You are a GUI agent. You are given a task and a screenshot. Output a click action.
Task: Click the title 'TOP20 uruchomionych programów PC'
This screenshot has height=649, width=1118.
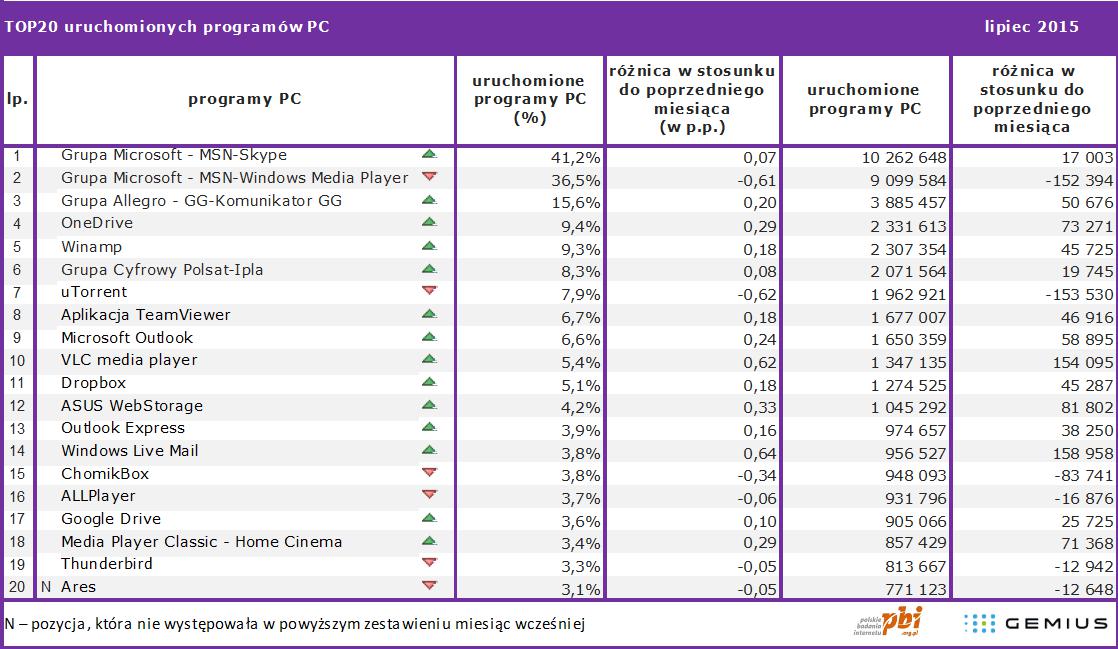[167, 27]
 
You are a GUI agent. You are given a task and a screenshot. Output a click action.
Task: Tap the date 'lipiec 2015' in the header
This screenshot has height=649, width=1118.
[1031, 27]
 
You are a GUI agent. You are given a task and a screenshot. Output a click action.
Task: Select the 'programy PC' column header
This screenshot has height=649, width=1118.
[244, 99]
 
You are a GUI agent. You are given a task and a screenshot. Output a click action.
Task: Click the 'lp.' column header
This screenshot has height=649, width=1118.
[17, 99]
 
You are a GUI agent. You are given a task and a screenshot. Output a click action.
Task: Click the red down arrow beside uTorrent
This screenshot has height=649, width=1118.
[429, 291]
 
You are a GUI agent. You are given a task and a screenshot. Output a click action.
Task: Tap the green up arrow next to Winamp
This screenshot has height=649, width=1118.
[429, 246]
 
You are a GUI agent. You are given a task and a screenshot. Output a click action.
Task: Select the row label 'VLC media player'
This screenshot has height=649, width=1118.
[129, 360]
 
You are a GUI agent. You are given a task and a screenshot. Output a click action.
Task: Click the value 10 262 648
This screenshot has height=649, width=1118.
[903, 156]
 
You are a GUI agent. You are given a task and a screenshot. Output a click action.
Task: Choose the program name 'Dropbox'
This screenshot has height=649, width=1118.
[93, 383]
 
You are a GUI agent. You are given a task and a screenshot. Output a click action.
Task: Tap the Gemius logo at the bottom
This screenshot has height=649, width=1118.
[1034, 624]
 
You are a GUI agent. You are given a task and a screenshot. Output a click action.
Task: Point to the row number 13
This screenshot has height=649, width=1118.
[17, 428]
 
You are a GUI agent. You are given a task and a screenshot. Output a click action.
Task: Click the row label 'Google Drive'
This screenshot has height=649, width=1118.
[110, 519]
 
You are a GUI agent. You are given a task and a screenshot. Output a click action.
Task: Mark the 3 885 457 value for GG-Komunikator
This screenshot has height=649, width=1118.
[903, 202]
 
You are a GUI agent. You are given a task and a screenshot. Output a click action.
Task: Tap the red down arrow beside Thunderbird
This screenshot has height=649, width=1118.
[429, 563]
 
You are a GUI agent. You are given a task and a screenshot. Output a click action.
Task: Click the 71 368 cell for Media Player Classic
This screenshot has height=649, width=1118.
[1082, 542]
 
